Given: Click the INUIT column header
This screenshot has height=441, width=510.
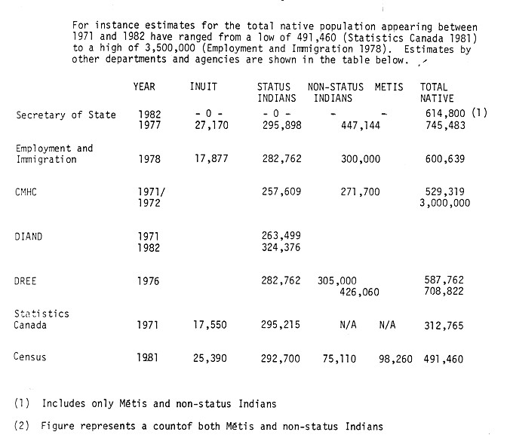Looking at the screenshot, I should click(x=204, y=87).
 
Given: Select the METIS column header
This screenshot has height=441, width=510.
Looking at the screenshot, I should click(x=389, y=87).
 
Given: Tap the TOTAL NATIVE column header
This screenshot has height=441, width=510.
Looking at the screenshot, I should click(x=437, y=93).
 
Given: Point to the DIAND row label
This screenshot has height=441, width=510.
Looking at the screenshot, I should click(x=29, y=237).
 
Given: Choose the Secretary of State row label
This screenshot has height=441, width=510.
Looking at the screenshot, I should click(x=66, y=115).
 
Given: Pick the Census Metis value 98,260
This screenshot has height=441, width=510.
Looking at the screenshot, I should click(x=396, y=360).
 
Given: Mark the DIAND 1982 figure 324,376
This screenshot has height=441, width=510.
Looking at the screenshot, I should click(x=279, y=247).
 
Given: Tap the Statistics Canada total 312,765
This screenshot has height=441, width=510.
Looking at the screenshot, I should click(x=443, y=326).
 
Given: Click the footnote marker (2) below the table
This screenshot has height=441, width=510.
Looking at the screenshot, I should click(x=22, y=427).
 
